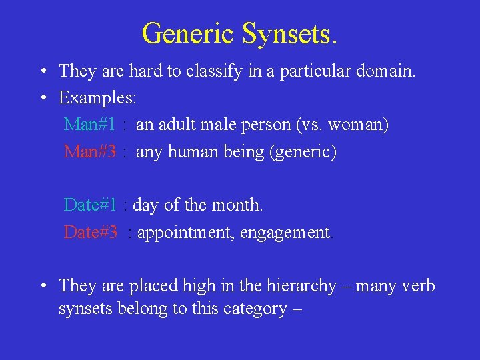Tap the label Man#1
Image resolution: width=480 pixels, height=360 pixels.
(x=90, y=125)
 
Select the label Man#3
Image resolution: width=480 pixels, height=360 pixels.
(x=90, y=152)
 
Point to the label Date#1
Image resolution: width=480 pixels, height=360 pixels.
(x=91, y=205)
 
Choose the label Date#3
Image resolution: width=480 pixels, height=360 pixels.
(x=91, y=233)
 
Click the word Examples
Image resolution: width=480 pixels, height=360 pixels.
(x=97, y=98)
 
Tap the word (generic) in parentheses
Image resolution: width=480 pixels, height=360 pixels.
(x=303, y=152)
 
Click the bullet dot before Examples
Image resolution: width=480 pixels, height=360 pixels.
(x=42, y=98)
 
